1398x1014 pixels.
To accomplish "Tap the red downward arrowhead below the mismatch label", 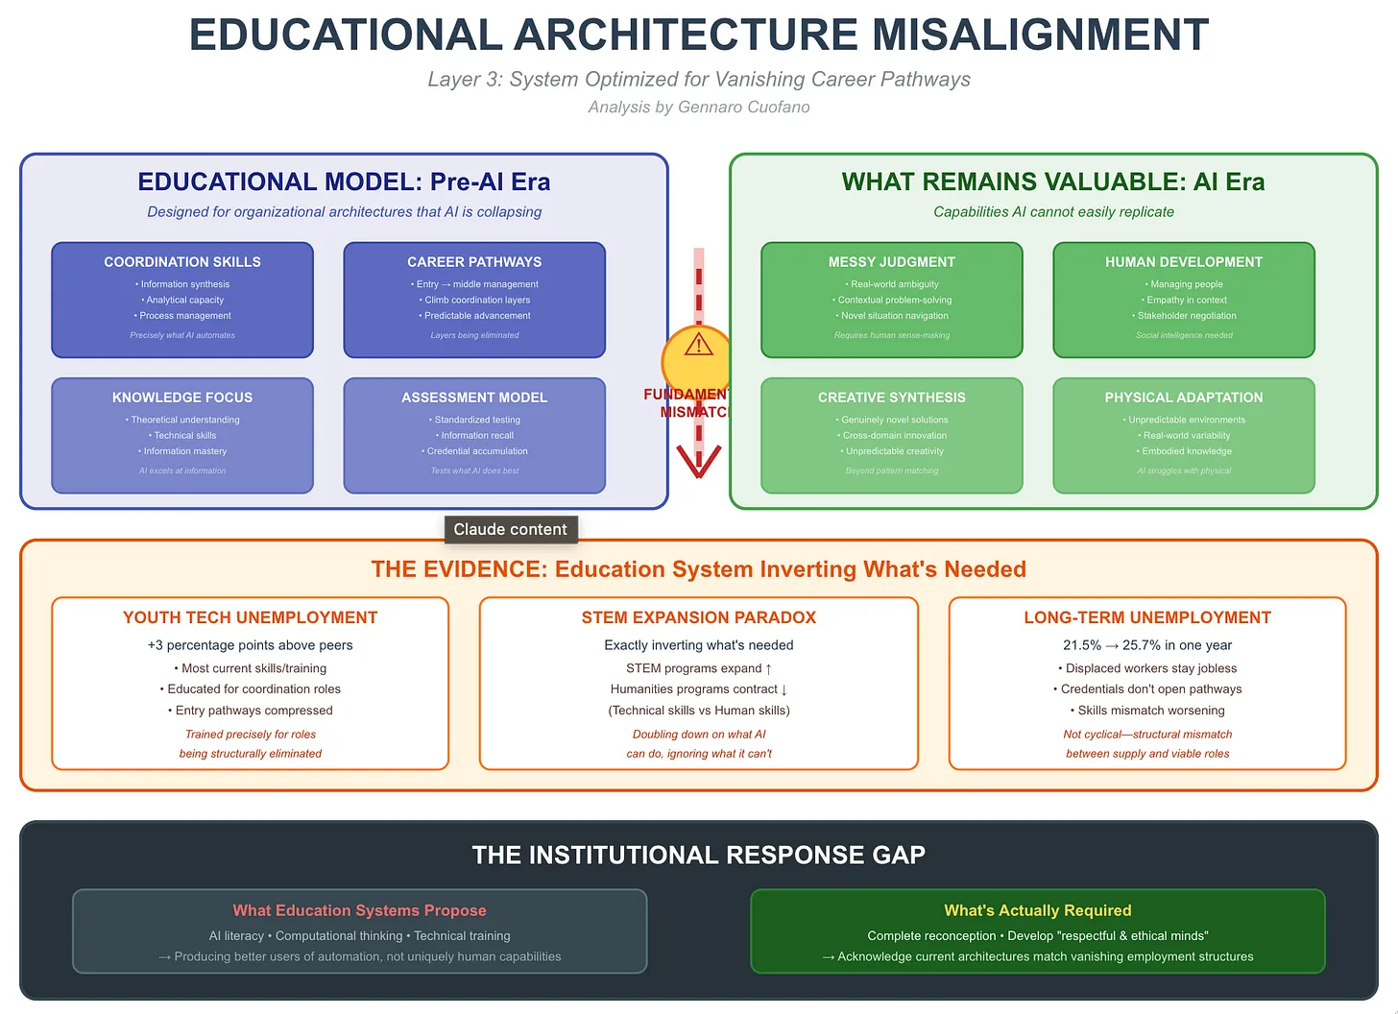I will (698, 463).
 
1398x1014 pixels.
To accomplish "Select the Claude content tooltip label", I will (510, 529).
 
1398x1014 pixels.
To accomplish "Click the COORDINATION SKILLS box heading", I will (182, 262).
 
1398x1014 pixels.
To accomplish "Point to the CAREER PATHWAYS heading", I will (474, 262).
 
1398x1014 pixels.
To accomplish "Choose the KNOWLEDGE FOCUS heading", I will (182, 398).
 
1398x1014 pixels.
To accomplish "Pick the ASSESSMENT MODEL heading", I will (474, 398).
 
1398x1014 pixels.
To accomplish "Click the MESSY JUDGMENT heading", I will (892, 262).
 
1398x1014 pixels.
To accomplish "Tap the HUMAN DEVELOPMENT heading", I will (1184, 262).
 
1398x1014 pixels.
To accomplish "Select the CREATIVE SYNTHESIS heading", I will (892, 398).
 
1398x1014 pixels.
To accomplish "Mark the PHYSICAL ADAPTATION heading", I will (1184, 398).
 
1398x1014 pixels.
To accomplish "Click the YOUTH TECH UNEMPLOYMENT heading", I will (251, 617).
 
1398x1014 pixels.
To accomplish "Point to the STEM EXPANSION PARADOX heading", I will (699, 617).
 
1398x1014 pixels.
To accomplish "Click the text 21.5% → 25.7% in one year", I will (1147, 645).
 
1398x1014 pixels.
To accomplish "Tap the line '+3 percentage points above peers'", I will (251, 645).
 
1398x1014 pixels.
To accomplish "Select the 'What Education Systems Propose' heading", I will (360, 910).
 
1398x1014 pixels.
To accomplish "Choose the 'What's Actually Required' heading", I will (1038, 910).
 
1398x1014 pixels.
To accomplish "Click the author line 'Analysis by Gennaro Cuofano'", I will (699, 107).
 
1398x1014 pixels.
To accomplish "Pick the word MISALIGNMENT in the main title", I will (1040, 36).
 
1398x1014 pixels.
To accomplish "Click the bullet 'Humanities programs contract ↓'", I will (699, 689).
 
